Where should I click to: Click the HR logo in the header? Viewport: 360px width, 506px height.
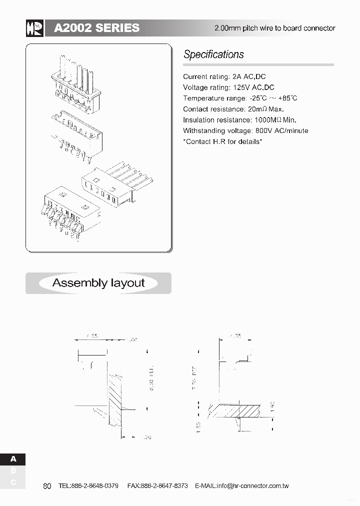(34, 28)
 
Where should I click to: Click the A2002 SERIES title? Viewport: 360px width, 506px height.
(96, 28)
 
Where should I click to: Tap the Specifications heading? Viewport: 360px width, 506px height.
(213, 54)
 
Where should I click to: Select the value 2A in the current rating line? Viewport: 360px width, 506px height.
(237, 76)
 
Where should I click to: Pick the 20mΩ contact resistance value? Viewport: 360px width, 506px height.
(257, 109)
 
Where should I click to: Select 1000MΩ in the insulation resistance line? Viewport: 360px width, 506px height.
(268, 120)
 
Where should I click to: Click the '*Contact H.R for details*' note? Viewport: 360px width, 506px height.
(222, 141)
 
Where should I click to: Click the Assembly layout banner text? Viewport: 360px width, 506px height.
(98, 283)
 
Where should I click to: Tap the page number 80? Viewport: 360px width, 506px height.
(47, 486)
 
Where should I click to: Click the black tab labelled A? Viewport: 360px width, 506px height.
(13, 459)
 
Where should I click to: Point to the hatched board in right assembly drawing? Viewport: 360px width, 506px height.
(234, 410)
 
